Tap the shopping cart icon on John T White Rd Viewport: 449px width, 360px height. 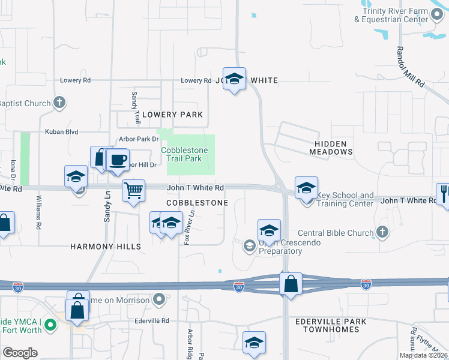133,190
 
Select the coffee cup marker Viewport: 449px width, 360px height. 118,160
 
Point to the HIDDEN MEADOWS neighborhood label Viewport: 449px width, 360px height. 331,148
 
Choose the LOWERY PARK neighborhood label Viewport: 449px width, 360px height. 172,115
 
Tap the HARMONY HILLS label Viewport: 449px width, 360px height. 106,247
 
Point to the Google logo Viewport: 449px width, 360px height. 20,352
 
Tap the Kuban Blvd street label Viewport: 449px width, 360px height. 62,131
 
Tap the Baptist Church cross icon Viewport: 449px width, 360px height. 59,103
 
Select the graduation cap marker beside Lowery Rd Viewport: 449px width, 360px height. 235,79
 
